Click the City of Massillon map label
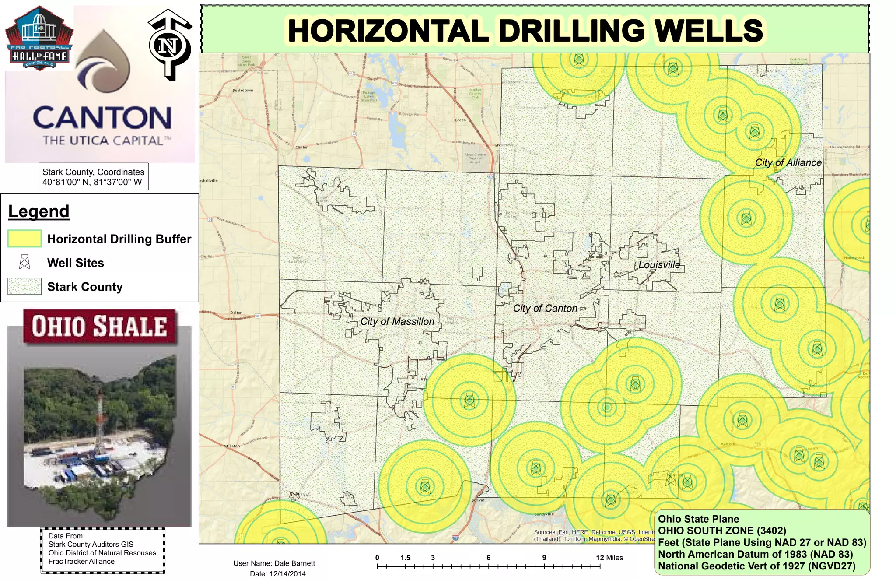click(x=397, y=322)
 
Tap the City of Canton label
click(x=545, y=309)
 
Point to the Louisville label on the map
click(x=659, y=265)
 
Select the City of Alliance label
click(x=788, y=163)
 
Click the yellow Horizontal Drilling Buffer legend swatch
click(x=24, y=239)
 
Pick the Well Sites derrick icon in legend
click(x=24, y=262)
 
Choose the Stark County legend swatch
click(x=24, y=286)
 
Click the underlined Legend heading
click(x=39, y=211)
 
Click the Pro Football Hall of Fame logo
click(x=39, y=39)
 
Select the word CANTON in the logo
click(x=102, y=118)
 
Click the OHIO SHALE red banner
click(x=99, y=327)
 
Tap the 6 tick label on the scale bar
click(x=489, y=558)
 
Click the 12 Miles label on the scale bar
click(x=609, y=558)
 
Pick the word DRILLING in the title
click(x=571, y=31)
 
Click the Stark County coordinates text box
click(x=94, y=177)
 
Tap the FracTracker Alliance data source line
click(x=81, y=562)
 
